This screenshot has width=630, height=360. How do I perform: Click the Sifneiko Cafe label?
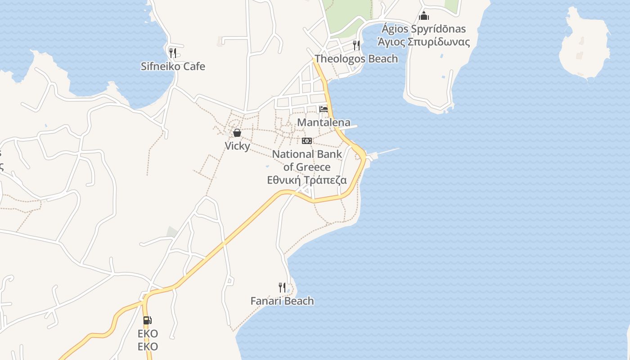click(x=173, y=67)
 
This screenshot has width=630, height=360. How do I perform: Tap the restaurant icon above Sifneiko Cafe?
click(x=173, y=53)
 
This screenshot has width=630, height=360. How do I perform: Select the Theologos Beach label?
click(x=356, y=59)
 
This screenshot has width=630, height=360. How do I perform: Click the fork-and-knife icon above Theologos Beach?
click(x=356, y=45)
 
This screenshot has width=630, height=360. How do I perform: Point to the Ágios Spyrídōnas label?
click(x=423, y=29)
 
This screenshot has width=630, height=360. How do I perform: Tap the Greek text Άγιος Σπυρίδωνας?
click(x=423, y=42)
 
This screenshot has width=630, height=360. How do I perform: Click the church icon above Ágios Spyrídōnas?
click(x=424, y=16)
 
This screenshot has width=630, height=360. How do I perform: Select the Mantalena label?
click(x=324, y=122)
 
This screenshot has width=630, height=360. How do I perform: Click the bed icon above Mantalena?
click(x=324, y=109)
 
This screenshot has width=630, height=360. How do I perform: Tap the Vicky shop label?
click(x=237, y=146)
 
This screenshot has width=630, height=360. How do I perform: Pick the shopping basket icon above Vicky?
click(x=237, y=133)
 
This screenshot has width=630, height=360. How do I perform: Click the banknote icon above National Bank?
click(x=307, y=141)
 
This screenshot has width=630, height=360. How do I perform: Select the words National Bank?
click(x=307, y=154)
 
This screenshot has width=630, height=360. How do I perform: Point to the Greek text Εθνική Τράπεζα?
click(x=307, y=180)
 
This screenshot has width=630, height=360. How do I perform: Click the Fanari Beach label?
click(x=282, y=301)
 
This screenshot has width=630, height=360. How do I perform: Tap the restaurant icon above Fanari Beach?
click(x=282, y=287)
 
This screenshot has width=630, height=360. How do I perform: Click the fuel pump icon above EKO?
click(x=148, y=320)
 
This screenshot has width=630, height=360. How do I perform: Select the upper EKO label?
click(x=148, y=334)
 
